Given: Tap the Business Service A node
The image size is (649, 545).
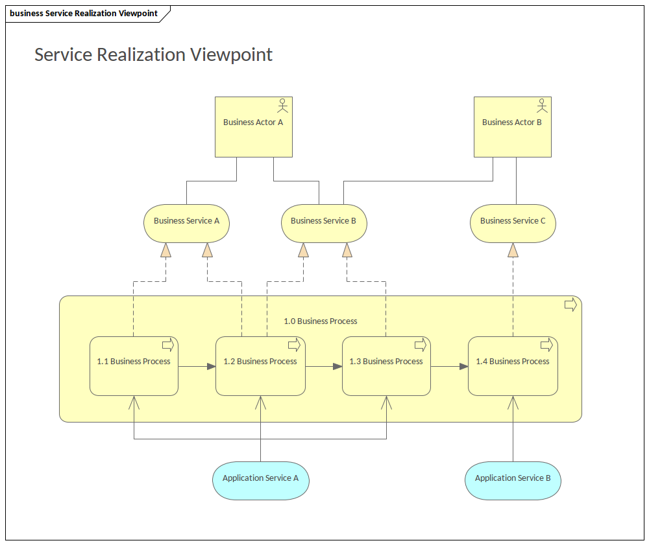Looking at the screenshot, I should coord(186,224).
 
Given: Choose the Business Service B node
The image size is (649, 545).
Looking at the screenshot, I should coord(323,224).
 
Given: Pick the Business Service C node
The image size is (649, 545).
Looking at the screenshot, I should coord(513,224).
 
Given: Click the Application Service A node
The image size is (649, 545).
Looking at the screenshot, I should coord(260,480).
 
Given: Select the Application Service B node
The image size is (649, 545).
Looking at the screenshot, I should coord(513,480).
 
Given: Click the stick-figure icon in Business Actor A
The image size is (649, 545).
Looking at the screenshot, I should coord(282,104).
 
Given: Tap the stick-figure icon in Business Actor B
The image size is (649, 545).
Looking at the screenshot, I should coord(541,104).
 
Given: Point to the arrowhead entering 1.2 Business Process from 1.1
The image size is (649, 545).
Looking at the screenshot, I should coord(212,367).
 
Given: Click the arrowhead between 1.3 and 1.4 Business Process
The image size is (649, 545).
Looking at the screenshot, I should coord(463,367).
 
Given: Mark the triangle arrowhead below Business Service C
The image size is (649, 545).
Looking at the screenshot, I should coord(513,250).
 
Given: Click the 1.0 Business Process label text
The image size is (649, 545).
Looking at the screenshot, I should coord(321,321).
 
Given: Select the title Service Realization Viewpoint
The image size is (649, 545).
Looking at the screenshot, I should coord(153,54).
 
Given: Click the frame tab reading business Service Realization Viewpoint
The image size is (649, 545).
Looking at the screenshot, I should coord(84,13).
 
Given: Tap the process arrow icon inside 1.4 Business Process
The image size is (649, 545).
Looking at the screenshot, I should coord(546,344).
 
